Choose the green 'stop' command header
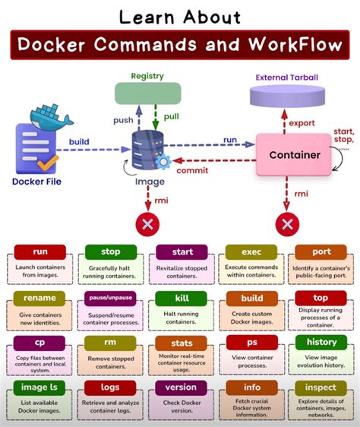tap(110, 251)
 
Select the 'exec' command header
tap(251, 251)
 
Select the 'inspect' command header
tap(321, 387)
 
